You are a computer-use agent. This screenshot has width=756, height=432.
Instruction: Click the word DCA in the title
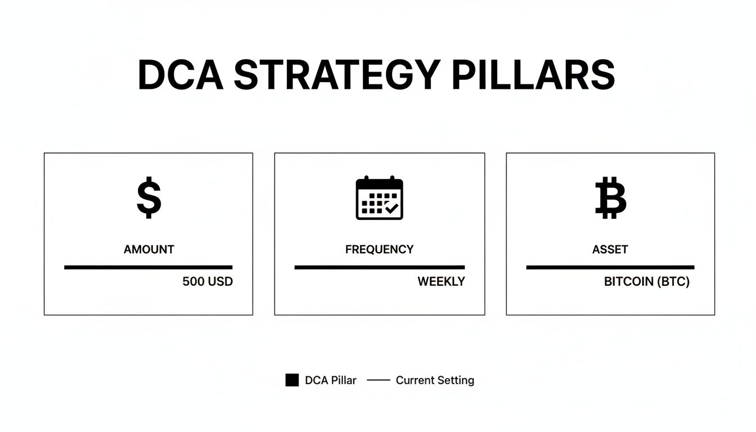click(x=180, y=75)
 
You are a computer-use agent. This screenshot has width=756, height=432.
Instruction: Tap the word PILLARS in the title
click(x=533, y=75)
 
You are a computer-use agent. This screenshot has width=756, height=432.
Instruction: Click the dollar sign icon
click(x=149, y=197)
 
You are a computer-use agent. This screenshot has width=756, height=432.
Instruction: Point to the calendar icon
click(x=380, y=198)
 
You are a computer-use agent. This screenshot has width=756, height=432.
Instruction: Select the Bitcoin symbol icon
click(x=610, y=197)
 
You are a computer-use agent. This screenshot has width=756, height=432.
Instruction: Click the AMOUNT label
click(x=149, y=249)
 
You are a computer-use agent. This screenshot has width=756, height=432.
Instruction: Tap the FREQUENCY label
click(x=379, y=249)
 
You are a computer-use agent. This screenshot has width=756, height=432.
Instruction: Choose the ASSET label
click(x=610, y=249)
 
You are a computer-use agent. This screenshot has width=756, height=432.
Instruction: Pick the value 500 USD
click(x=208, y=282)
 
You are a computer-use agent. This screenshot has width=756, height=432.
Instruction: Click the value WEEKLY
click(x=441, y=282)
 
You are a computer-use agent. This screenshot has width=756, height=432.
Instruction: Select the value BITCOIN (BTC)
click(x=647, y=282)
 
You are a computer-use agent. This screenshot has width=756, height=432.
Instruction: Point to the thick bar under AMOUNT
click(x=148, y=267)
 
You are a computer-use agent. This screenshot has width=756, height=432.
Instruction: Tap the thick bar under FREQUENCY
click(x=380, y=267)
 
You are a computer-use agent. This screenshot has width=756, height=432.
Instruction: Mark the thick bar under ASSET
click(x=610, y=267)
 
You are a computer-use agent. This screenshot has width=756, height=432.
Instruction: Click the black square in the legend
click(x=292, y=380)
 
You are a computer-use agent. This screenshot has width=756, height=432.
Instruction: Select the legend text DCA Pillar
click(x=331, y=380)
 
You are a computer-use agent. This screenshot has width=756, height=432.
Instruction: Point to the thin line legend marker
click(x=379, y=380)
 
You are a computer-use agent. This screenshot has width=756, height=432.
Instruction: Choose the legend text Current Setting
click(x=435, y=380)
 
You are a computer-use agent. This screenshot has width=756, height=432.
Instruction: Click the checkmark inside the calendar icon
click(x=391, y=209)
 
